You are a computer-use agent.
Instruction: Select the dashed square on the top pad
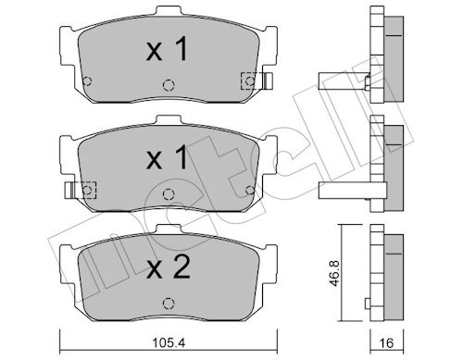click(x=247, y=81)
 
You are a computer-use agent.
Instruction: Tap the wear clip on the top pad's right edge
click(x=265, y=81)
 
